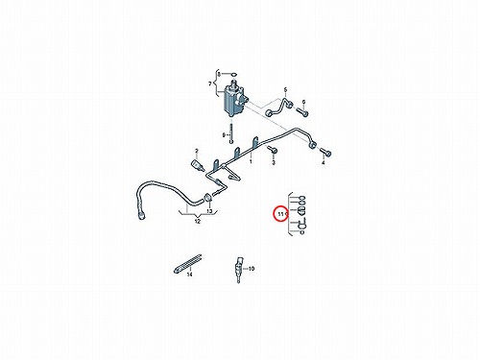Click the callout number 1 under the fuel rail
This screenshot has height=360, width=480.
(x=251, y=161)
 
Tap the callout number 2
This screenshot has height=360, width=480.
(x=197, y=151)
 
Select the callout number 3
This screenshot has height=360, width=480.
(x=274, y=163)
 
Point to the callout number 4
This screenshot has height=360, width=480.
(x=324, y=163)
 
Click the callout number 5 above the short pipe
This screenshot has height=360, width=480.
(x=285, y=90)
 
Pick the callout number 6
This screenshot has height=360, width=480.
(x=303, y=102)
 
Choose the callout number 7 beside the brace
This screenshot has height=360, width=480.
(x=210, y=84)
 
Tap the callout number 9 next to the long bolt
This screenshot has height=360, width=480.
(x=224, y=135)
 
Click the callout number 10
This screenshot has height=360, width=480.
(x=252, y=269)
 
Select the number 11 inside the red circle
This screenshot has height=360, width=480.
(x=281, y=214)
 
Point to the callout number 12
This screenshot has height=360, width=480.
(x=198, y=221)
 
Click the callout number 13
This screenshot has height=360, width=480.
(x=209, y=211)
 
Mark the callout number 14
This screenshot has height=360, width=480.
(x=189, y=275)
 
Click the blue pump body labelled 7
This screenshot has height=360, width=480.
(x=233, y=99)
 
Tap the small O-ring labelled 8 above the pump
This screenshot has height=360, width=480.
(x=234, y=75)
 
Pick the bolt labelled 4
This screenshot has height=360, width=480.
(x=324, y=152)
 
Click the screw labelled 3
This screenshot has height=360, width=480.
(x=273, y=150)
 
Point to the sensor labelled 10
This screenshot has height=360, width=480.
(x=239, y=269)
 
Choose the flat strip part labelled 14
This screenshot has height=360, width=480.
(x=187, y=264)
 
